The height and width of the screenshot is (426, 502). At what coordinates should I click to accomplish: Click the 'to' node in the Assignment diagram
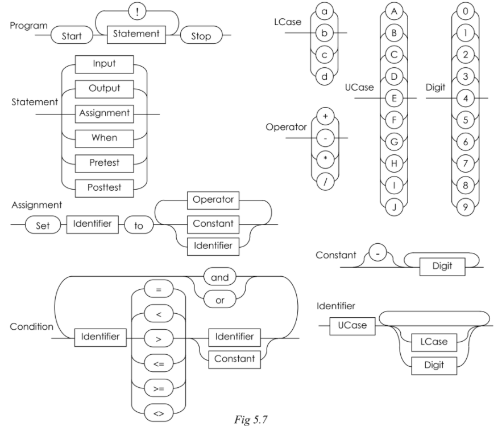coord(139,226)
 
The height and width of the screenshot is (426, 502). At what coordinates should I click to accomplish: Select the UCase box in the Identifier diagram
coord(348,326)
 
